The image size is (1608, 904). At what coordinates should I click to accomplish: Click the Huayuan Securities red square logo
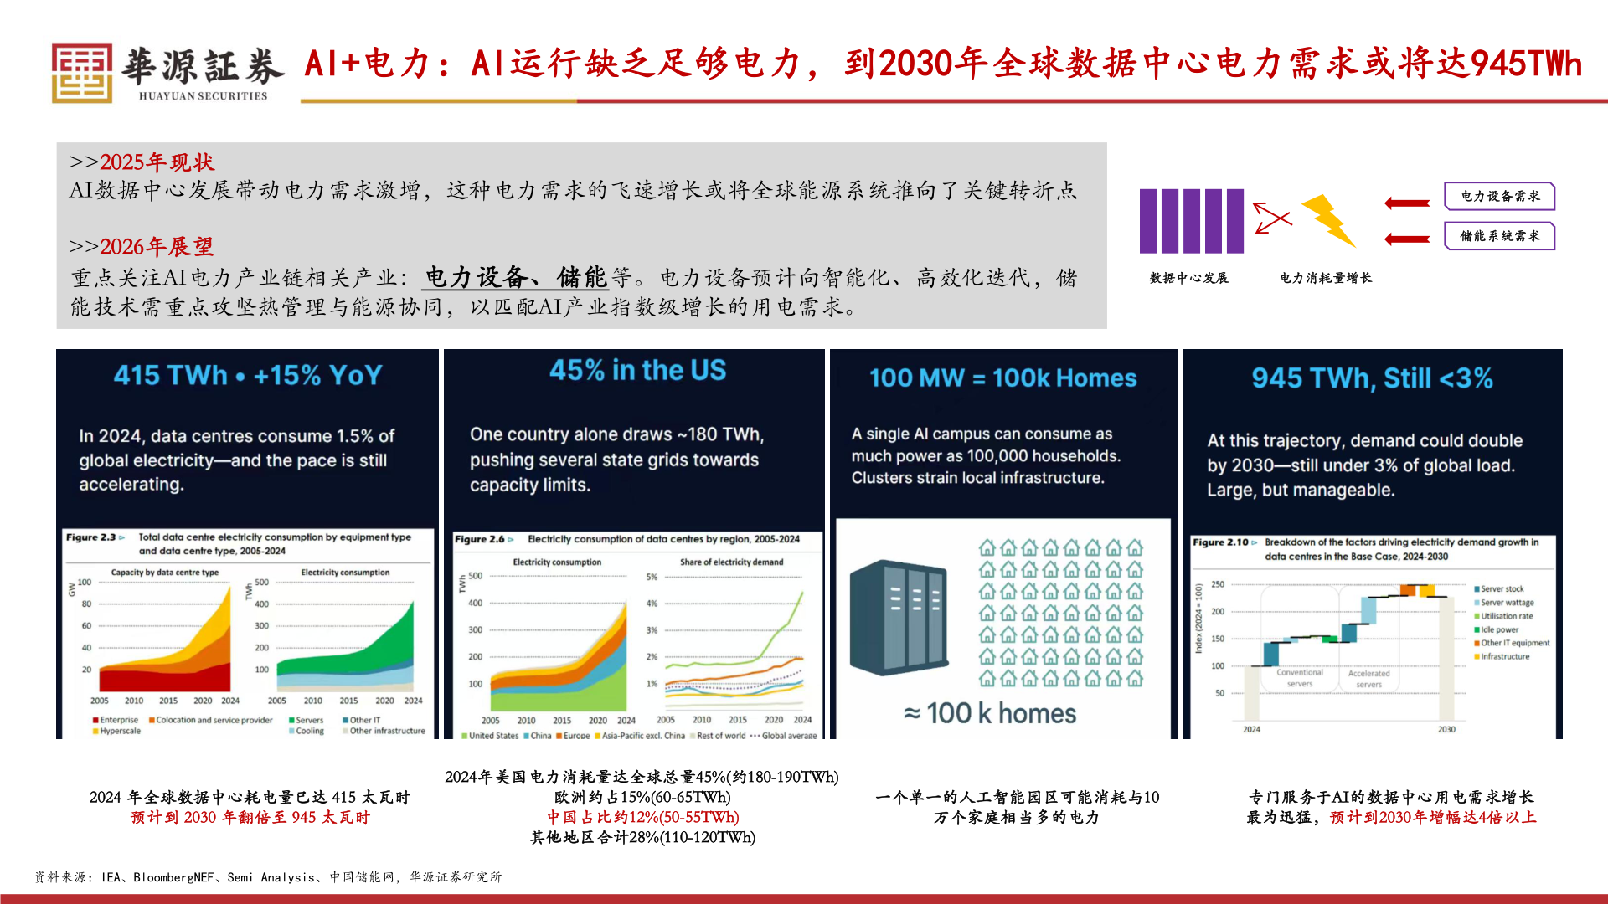click(82, 73)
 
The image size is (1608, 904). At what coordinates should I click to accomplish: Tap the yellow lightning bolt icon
click(1328, 220)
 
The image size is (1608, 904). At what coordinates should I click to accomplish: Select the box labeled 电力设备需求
click(1499, 196)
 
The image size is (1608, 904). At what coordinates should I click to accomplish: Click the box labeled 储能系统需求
click(1499, 236)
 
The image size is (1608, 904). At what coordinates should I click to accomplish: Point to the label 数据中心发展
click(1188, 278)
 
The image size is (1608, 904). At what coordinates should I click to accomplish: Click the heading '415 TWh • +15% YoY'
click(248, 375)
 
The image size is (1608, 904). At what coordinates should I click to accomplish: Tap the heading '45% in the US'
click(637, 370)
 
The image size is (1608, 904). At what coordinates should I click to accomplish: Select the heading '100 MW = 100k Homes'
click(1002, 378)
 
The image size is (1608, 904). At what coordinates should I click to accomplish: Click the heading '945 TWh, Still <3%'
click(1372, 378)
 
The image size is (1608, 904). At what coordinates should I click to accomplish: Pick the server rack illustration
click(899, 617)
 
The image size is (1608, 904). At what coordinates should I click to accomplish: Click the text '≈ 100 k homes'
click(990, 713)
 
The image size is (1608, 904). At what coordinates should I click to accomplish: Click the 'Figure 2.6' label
click(480, 539)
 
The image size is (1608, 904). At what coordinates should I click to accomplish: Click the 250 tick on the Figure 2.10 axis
click(1218, 584)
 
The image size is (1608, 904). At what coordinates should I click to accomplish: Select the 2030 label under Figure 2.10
click(1446, 729)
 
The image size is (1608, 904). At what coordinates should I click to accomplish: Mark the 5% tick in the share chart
click(652, 577)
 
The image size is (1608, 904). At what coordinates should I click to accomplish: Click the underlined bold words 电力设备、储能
click(515, 277)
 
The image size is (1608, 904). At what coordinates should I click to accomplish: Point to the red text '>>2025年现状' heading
click(142, 162)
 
